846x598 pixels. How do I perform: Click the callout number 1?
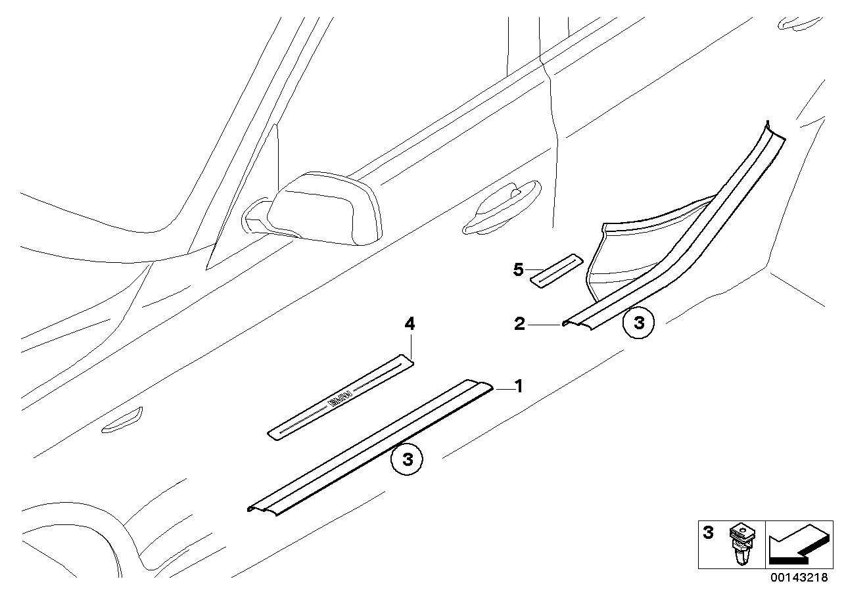click(518, 386)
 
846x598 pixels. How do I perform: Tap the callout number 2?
click(519, 324)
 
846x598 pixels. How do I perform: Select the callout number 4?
click(410, 323)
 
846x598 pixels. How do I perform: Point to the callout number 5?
click(518, 269)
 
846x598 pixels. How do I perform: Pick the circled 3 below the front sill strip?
click(407, 459)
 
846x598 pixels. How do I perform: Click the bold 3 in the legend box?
click(709, 532)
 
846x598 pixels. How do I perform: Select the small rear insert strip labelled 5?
click(557, 270)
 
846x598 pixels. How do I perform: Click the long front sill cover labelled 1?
click(368, 447)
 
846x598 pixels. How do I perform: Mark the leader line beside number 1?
click(502, 390)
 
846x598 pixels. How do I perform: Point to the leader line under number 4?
click(411, 345)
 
